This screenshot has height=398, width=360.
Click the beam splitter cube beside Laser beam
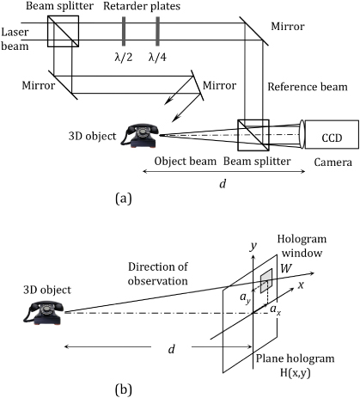coord(62,33)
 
